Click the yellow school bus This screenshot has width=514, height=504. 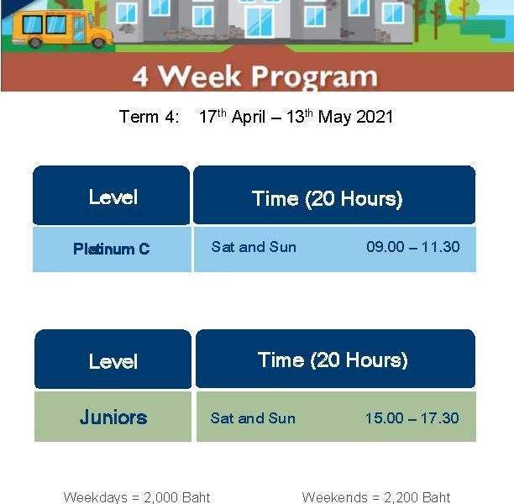tap(62, 29)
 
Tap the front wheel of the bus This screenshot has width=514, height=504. tap(97, 43)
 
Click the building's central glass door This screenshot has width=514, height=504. tap(260, 23)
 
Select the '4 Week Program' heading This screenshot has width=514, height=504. tap(255, 76)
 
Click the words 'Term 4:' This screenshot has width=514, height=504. tap(149, 117)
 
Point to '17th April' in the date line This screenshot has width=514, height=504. tap(232, 117)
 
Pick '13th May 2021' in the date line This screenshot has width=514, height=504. tap(339, 117)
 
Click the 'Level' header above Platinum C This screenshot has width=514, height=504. tap(113, 197)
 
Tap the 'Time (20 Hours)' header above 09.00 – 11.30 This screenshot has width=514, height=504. tap(328, 199)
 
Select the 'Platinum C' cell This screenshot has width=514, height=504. tap(112, 249)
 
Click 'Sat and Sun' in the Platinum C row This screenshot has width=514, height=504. tap(254, 247)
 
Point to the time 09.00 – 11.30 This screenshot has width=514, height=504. tap(413, 247)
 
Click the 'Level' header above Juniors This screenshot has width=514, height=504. tap(113, 361)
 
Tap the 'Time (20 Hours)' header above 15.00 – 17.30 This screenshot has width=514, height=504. tap(333, 360)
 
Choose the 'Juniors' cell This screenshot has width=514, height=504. tap(113, 417)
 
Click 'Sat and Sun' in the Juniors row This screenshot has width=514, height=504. tap(253, 418)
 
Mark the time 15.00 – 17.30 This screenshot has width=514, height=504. tap(412, 418)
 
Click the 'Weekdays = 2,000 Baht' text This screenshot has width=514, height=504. tap(137, 497)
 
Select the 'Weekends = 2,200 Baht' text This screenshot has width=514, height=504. tap(376, 497)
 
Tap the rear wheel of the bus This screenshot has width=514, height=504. tap(35, 43)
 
